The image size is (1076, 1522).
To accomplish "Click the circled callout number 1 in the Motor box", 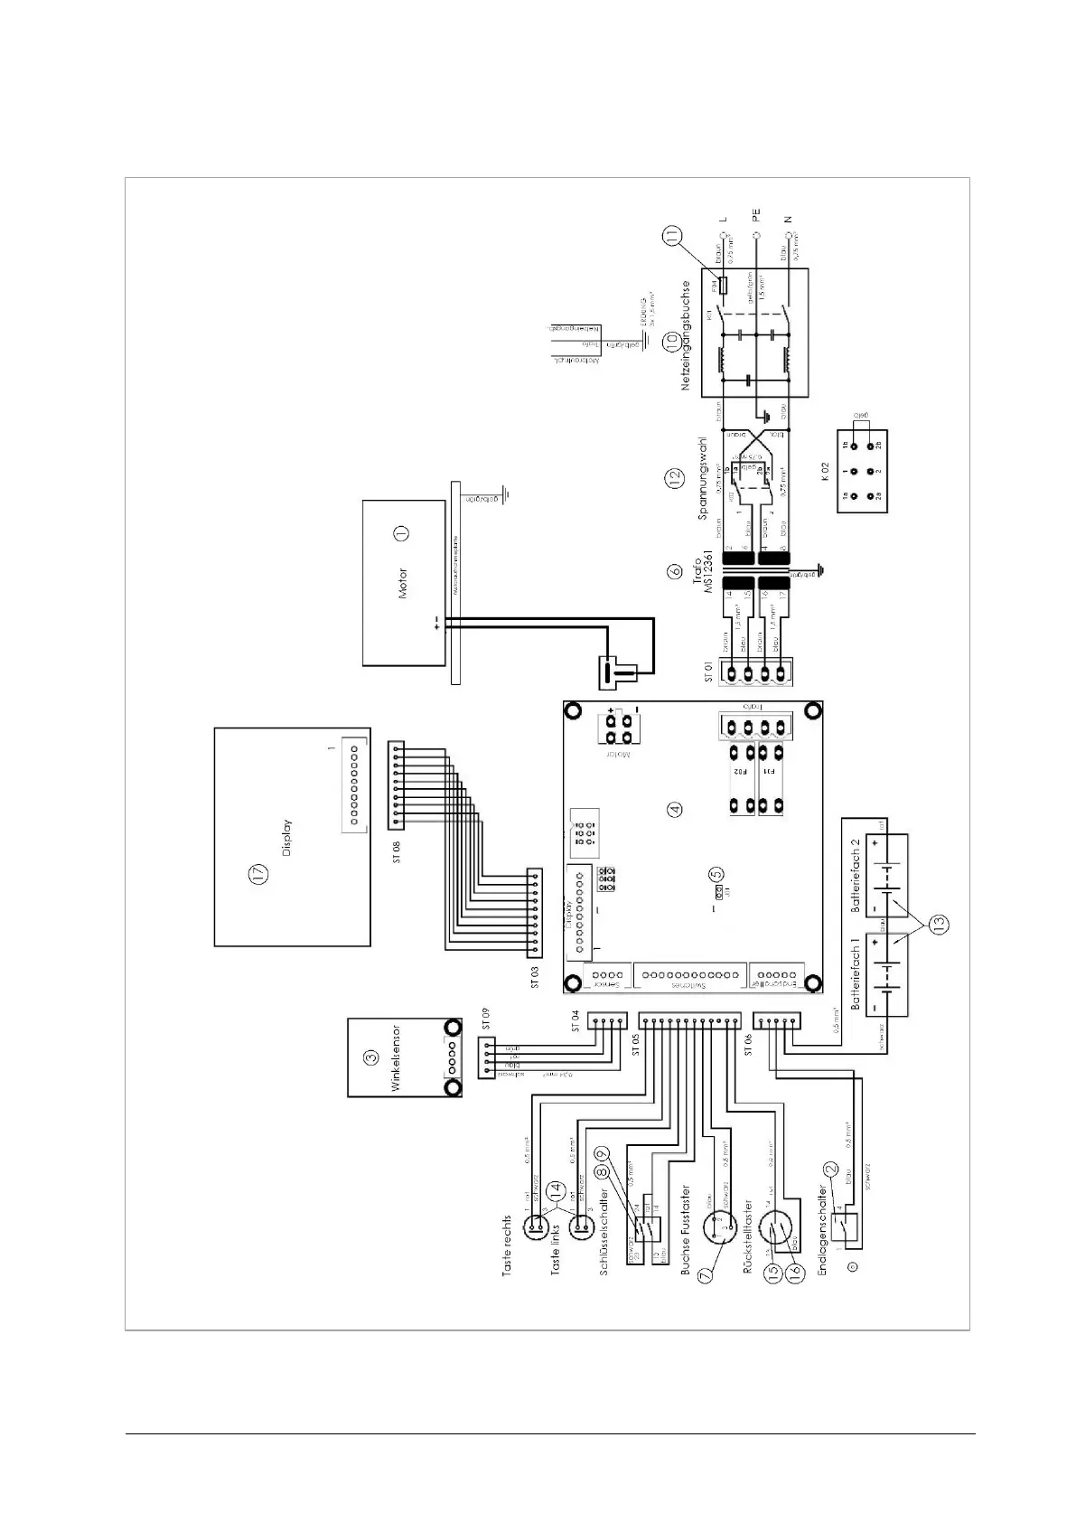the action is (x=401, y=535).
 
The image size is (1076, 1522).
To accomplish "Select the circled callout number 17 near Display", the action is (x=259, y=874).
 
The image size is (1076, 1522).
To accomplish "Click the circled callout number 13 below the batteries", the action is (x=940, y=925).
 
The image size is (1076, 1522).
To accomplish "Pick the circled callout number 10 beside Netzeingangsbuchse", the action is (x=670, y=341).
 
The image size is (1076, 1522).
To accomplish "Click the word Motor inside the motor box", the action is (x=403, y=583).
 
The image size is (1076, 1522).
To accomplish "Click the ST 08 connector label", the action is (x=397, y=851).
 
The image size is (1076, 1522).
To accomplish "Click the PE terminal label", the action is (x=756, y=215).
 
